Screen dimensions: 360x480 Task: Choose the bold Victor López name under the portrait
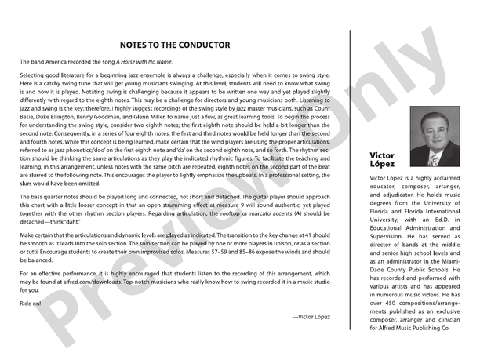(382, 160)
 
